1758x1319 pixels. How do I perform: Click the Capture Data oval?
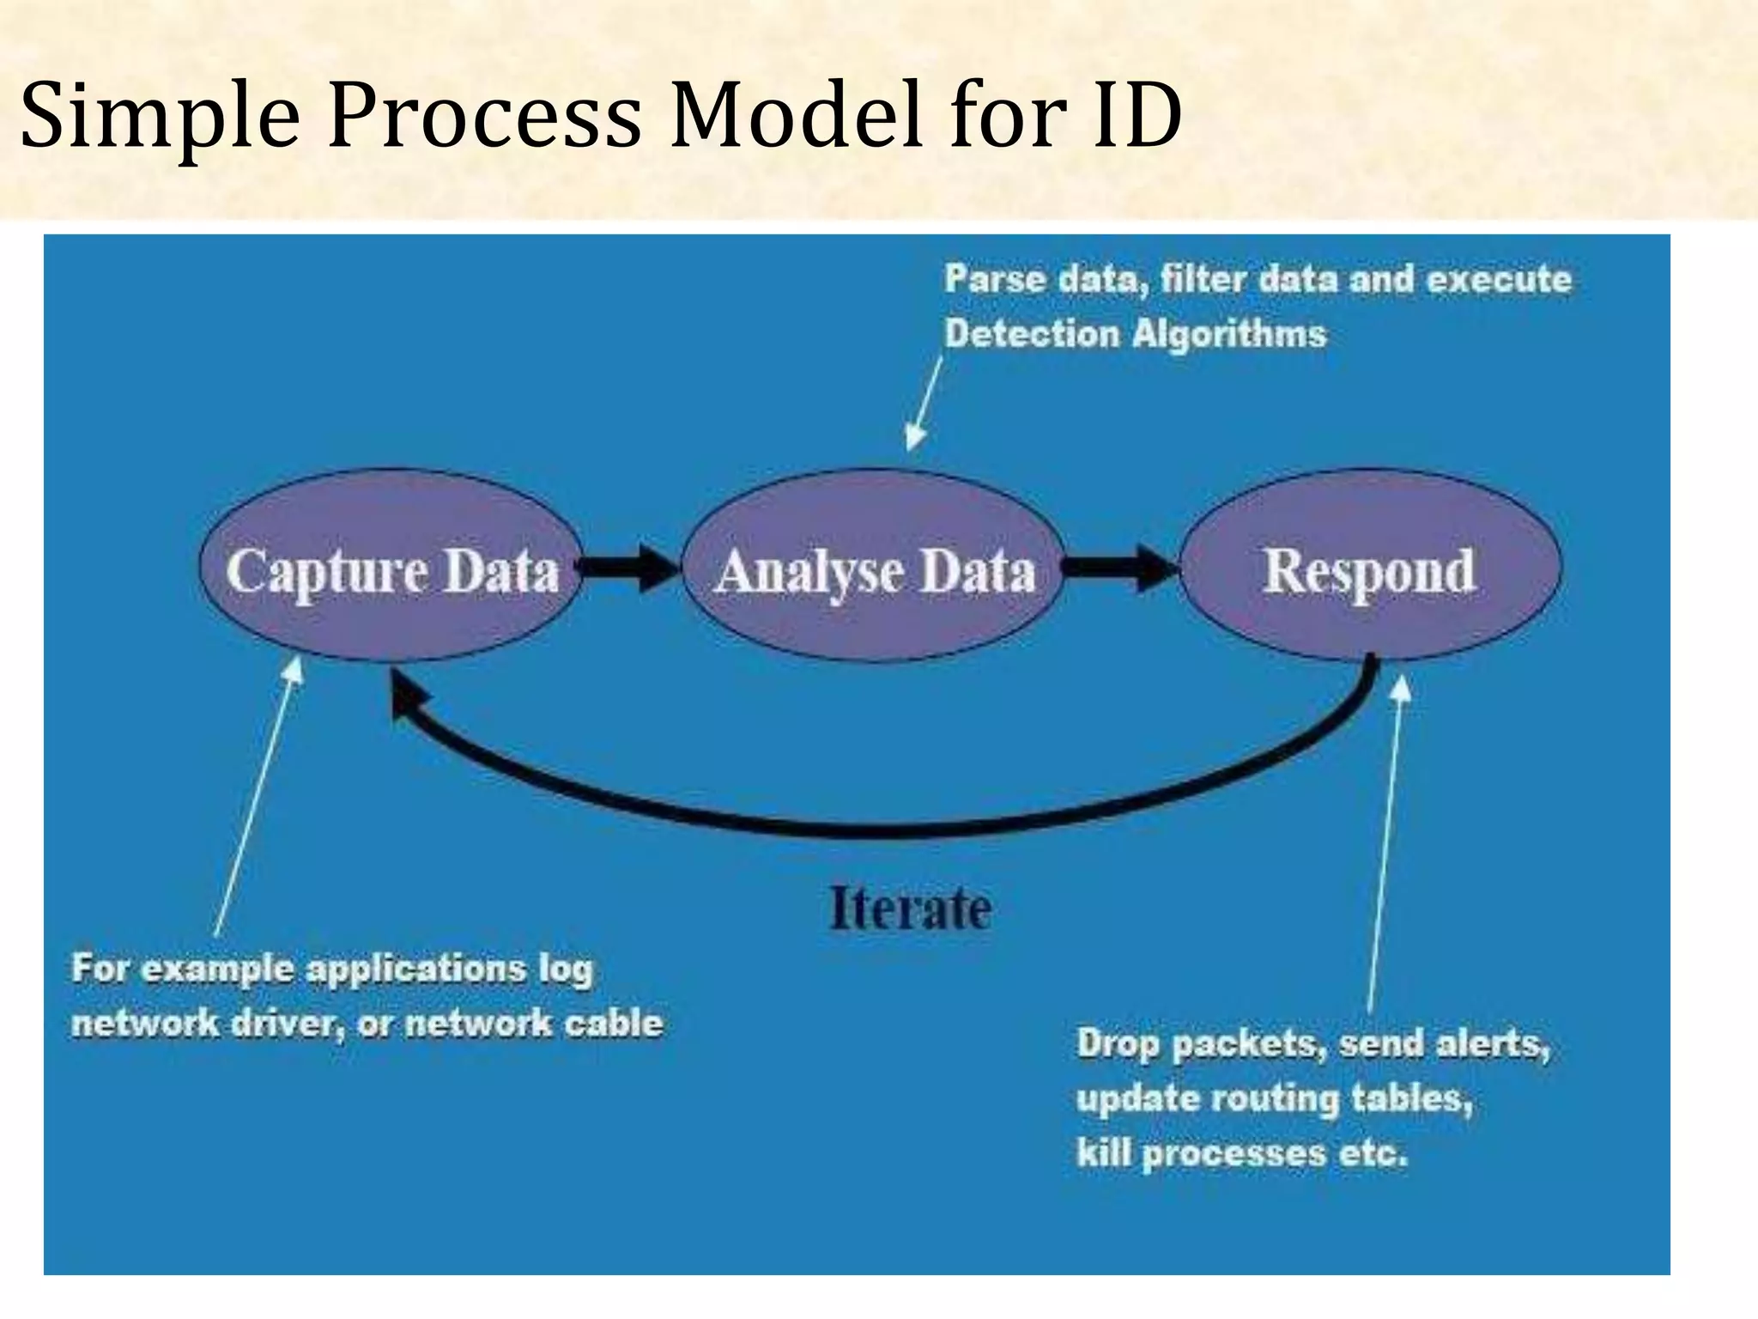391,568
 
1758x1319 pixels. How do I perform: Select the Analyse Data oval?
874,568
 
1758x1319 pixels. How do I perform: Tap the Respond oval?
1370,568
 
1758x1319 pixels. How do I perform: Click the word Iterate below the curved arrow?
911,909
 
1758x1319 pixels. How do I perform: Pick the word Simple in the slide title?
160,116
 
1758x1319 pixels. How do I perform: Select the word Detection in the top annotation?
1032,333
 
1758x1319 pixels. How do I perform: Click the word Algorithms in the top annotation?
1229,333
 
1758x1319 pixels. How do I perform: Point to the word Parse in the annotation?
996,279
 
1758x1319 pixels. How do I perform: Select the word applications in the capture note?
416,969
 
